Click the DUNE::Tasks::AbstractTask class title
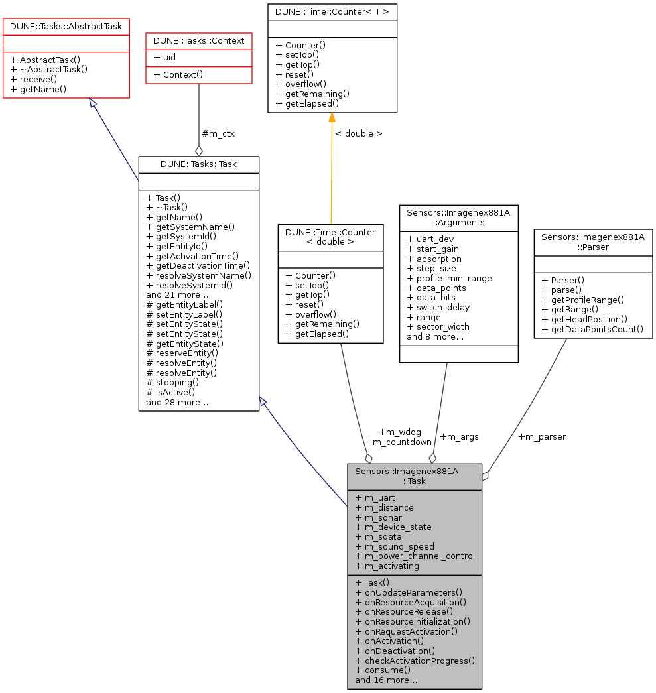(x=66, y=25)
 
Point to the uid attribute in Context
(x=164, y=57)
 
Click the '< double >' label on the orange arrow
(x=358, y=133)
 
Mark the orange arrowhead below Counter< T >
(x=332, y=118)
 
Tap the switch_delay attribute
(x=438, y=307)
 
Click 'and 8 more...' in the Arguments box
(x=435, y=336)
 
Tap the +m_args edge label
(x=459, y=437)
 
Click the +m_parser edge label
(x=541, y=437)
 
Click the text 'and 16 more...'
(x=386, y=680)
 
